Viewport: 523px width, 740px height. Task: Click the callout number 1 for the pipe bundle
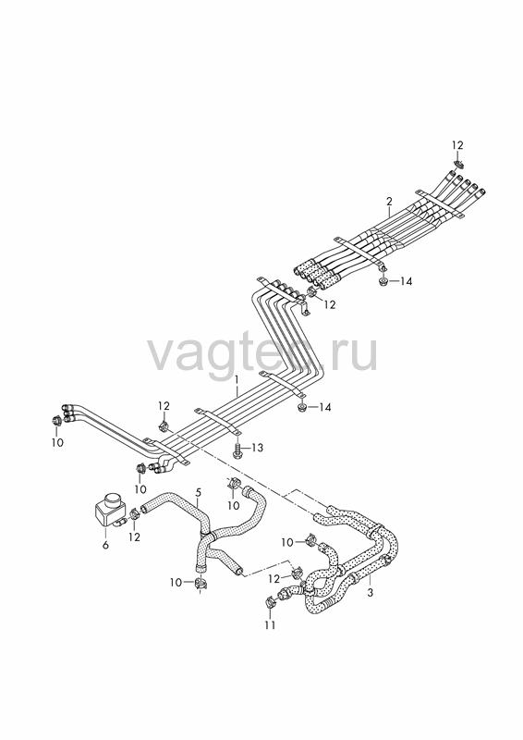click(x=237, y=379)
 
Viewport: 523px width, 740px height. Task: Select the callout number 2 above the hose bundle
click(x=389, y=201)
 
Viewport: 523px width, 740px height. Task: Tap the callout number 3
click(x=371, y=592)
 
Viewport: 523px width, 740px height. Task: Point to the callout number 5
click(x=198, y=492)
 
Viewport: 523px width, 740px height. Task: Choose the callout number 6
click(x=105, y=545)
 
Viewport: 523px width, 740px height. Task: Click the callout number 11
click(x=270, y=625)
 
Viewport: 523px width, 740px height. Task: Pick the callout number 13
click(x=257, y=447)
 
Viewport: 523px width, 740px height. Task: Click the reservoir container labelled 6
click(x=109, y=511)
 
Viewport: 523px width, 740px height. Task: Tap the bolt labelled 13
click(x=237, y=449)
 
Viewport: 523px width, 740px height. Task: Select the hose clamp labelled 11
click(x=270, y=602)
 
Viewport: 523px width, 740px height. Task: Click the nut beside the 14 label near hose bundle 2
click(x=382, y=282)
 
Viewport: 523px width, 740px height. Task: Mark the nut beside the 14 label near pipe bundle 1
click(x=301, y=407)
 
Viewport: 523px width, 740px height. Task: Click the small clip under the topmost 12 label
click(x=458, y=164)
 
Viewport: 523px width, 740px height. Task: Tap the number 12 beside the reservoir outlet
click(x=135, y=537)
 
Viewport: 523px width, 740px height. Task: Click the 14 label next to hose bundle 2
click(x=406, y=282)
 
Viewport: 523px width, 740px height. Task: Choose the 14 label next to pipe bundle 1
click(x=325, y=407)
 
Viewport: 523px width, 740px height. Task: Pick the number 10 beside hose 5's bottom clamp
click(x=176, y=583)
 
